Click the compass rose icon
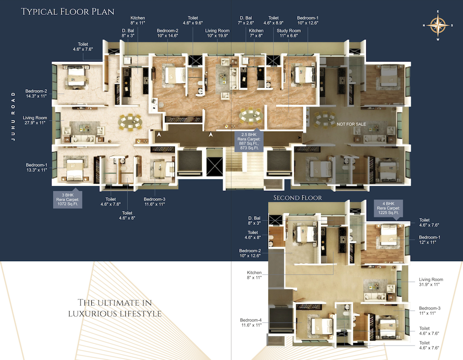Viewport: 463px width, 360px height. (x=437, y=25)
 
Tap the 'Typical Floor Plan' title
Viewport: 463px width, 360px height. (x=68, y=11)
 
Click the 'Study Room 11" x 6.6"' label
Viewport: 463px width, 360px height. (x=288, y=33)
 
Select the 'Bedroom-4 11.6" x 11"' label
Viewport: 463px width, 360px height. (x=251, y=322)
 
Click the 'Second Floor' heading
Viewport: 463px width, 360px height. (x=298, y=198)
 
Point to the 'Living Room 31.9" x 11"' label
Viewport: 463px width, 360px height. (x=431, y=282)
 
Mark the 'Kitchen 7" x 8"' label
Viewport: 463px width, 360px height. (x=256, y=33)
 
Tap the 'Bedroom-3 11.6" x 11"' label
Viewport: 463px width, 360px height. (x=154, y=202)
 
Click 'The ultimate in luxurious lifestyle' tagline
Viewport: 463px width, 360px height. (x=115, y=308)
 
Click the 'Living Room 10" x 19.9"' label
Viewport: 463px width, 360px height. (x=217, y=33)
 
